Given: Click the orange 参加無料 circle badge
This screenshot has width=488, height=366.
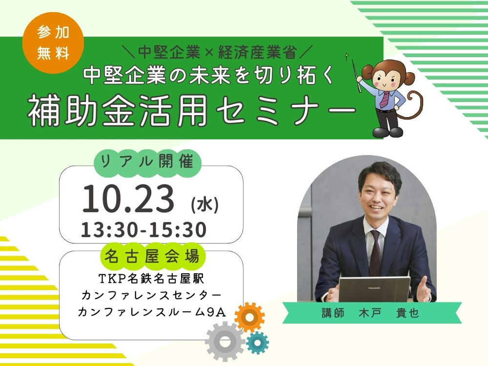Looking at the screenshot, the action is (x=53, y=43).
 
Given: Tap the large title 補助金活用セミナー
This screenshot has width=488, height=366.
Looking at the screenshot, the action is (x=192, y=110).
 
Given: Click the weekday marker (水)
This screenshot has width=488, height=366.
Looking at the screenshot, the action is (x=205, y=205).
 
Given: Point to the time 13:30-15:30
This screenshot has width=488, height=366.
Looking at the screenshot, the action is (x=143, y=230).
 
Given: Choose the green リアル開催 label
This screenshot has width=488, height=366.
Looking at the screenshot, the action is (x=147, y=162).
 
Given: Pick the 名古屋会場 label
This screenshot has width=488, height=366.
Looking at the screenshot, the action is (x=152, y=257).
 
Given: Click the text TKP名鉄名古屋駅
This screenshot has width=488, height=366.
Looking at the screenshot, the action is (x=152, y=279).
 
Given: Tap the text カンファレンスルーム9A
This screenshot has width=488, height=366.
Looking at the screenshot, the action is (x=152, y=311).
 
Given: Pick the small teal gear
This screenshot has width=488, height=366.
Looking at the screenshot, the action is (x=257, y=343).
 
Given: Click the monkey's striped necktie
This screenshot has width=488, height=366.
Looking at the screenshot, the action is (x=385, y=99).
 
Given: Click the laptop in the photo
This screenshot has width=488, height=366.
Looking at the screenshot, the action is (x=374, y=289).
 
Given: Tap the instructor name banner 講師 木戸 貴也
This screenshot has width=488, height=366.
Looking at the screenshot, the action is (x=372, y=313).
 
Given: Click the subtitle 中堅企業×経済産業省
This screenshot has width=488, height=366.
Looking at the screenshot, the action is (x=217, y=52).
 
